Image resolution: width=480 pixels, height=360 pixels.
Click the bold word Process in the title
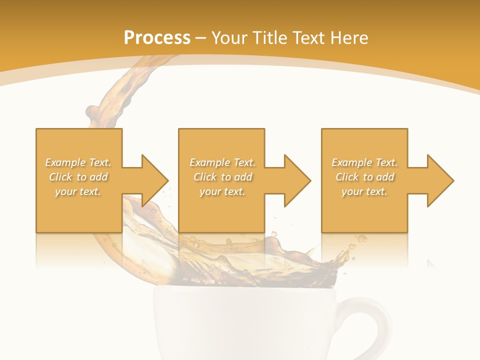tap(157, 38)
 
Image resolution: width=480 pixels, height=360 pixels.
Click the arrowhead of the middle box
tap(297, 180)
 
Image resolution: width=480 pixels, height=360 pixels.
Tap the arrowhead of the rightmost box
tap(440, 180)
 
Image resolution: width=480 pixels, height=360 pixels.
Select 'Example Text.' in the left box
tap(78, 162)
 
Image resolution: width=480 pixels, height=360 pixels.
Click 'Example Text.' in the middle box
tap(222, 162)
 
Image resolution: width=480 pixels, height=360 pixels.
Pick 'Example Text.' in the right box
tap(364, 162)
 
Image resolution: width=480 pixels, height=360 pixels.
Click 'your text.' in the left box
tap(78, 191)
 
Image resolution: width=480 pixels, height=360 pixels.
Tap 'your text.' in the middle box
tap(222, 191)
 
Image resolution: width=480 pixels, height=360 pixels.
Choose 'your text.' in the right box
tap(364, 191)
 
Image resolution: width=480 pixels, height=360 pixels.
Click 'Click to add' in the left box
tap(78, 177)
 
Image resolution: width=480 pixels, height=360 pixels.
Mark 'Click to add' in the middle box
tap(222, 177)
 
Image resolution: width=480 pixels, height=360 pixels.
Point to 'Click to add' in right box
tap(364, 177)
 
